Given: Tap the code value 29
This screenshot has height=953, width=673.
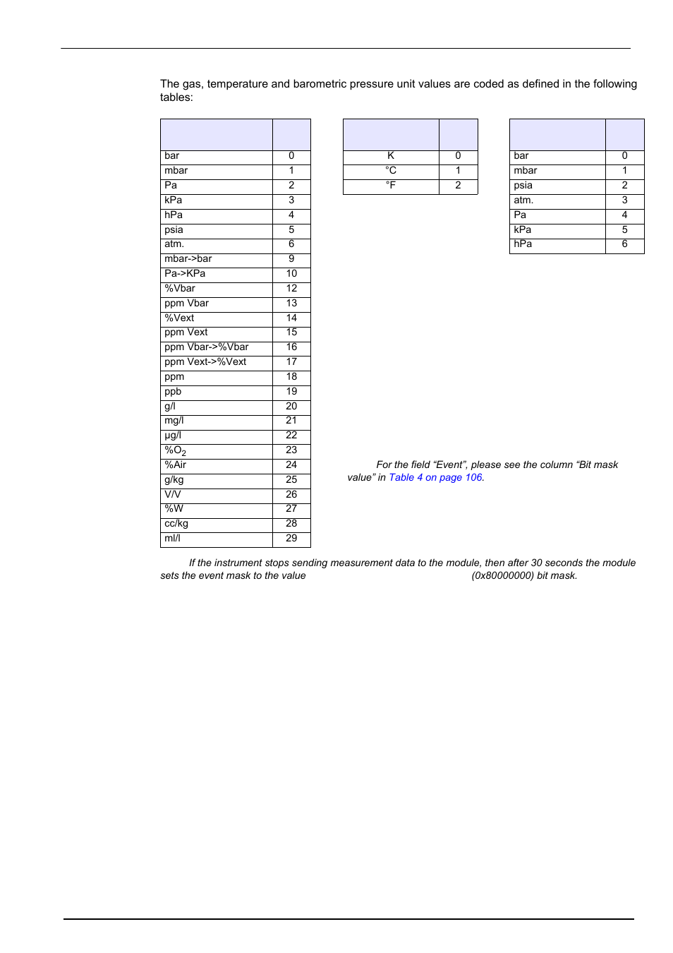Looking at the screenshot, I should tap(291, 539).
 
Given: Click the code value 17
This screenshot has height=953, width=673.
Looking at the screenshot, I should tap(291, 362).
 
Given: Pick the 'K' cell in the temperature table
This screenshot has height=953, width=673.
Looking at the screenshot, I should tap(391, 156).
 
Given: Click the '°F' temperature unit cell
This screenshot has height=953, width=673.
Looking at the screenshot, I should tap(391, 186).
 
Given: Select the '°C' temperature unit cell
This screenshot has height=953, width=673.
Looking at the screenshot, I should tap(391, 171).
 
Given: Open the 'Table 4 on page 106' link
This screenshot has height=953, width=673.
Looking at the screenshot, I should tap(435, 478).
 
